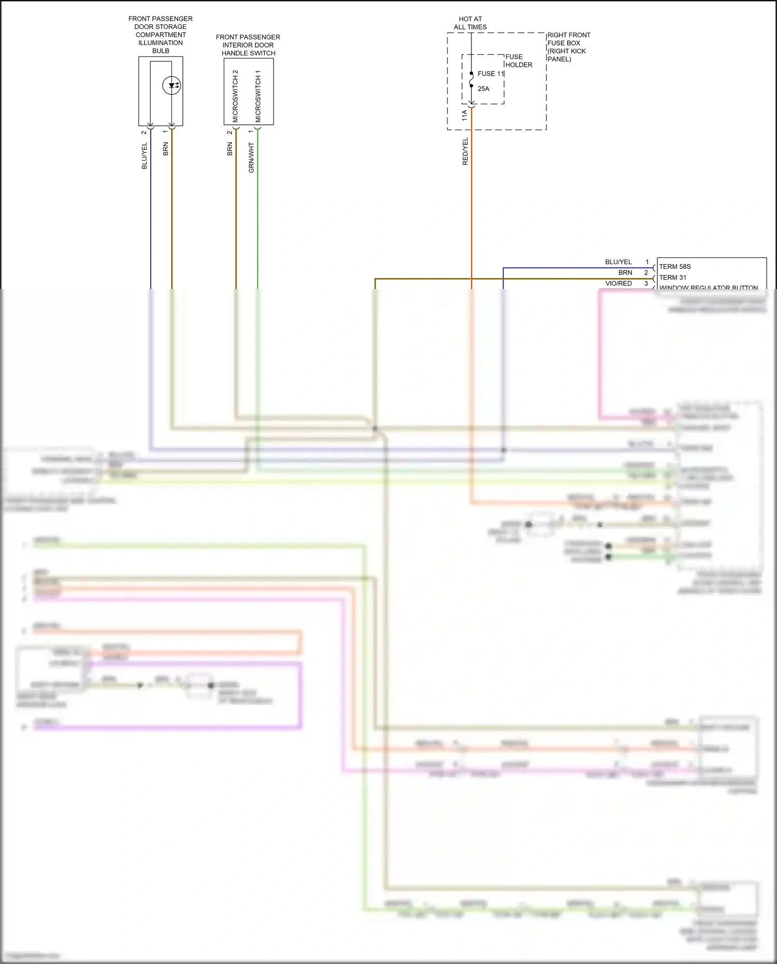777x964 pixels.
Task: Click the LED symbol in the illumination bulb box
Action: [x=171, y=85]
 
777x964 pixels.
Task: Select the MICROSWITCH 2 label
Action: [x=235, y=96]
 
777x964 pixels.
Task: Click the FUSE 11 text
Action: [x=490, y=74]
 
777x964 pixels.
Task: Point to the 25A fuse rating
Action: [x=483, y=89]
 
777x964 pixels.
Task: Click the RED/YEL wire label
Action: [x=465, y=151]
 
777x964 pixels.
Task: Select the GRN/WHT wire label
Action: [x=251, y=157]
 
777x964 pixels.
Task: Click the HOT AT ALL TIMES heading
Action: [x=470, y=23]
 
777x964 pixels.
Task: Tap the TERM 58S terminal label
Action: [x=675, y=267]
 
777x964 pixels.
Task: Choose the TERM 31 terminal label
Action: [x=673, y=278]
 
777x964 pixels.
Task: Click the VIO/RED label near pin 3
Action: [x=618, y=283]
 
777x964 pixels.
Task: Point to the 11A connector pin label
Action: [x=465, y=115]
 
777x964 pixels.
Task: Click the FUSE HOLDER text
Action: [x=519, y=61]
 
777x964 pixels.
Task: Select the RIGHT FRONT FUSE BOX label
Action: [x=568, y=47]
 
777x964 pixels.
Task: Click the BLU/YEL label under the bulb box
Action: [x=145, y=155]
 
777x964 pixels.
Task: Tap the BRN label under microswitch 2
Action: [x=229, y=149]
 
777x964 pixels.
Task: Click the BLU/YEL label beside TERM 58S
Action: [x=618, y=262]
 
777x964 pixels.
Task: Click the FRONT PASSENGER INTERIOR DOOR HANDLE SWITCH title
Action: [x=248, y=45]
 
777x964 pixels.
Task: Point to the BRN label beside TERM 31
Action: [x=625, y=272]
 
